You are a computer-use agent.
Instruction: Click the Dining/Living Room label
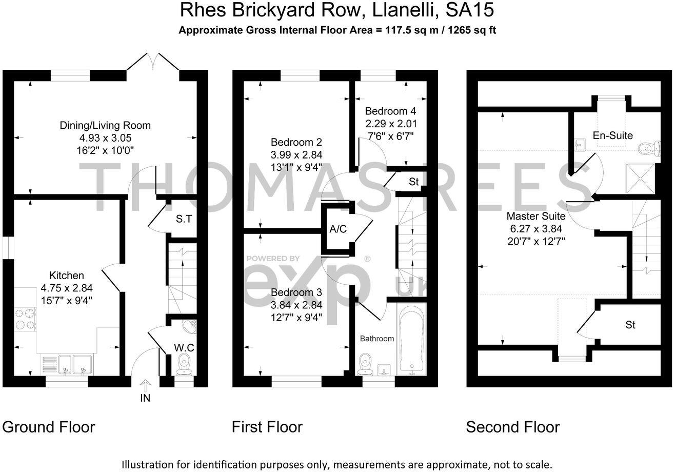(x=105, y=125)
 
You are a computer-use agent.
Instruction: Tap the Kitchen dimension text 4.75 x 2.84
(x=67, y=288)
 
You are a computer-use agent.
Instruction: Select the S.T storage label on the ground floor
(x=184, y=219)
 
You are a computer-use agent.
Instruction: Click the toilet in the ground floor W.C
(x=183, y=364)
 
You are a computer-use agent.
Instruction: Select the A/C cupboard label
(x=338, y=229)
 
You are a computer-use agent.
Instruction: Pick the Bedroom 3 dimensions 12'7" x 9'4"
(x=296, y=317)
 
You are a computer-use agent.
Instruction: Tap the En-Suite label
(x=612, y=135)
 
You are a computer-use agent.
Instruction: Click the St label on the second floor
(x=630, y=325)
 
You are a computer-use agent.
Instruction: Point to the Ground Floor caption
(x=49, y=427)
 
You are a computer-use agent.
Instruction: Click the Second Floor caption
(x=512, y=427)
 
